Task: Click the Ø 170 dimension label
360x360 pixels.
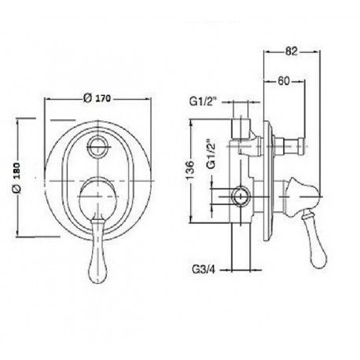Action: point(97,98)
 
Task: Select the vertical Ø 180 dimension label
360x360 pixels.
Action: point(17,178)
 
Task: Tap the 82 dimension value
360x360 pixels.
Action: point(292,51)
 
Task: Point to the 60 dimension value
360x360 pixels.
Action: point(284,81)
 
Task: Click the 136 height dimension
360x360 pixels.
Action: point(190,170)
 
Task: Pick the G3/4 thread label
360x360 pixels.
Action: point(204,270)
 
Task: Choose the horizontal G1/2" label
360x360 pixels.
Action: point(204,101)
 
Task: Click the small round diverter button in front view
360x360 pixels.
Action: point(97,146)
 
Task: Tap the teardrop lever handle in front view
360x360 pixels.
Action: point(97,252)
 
